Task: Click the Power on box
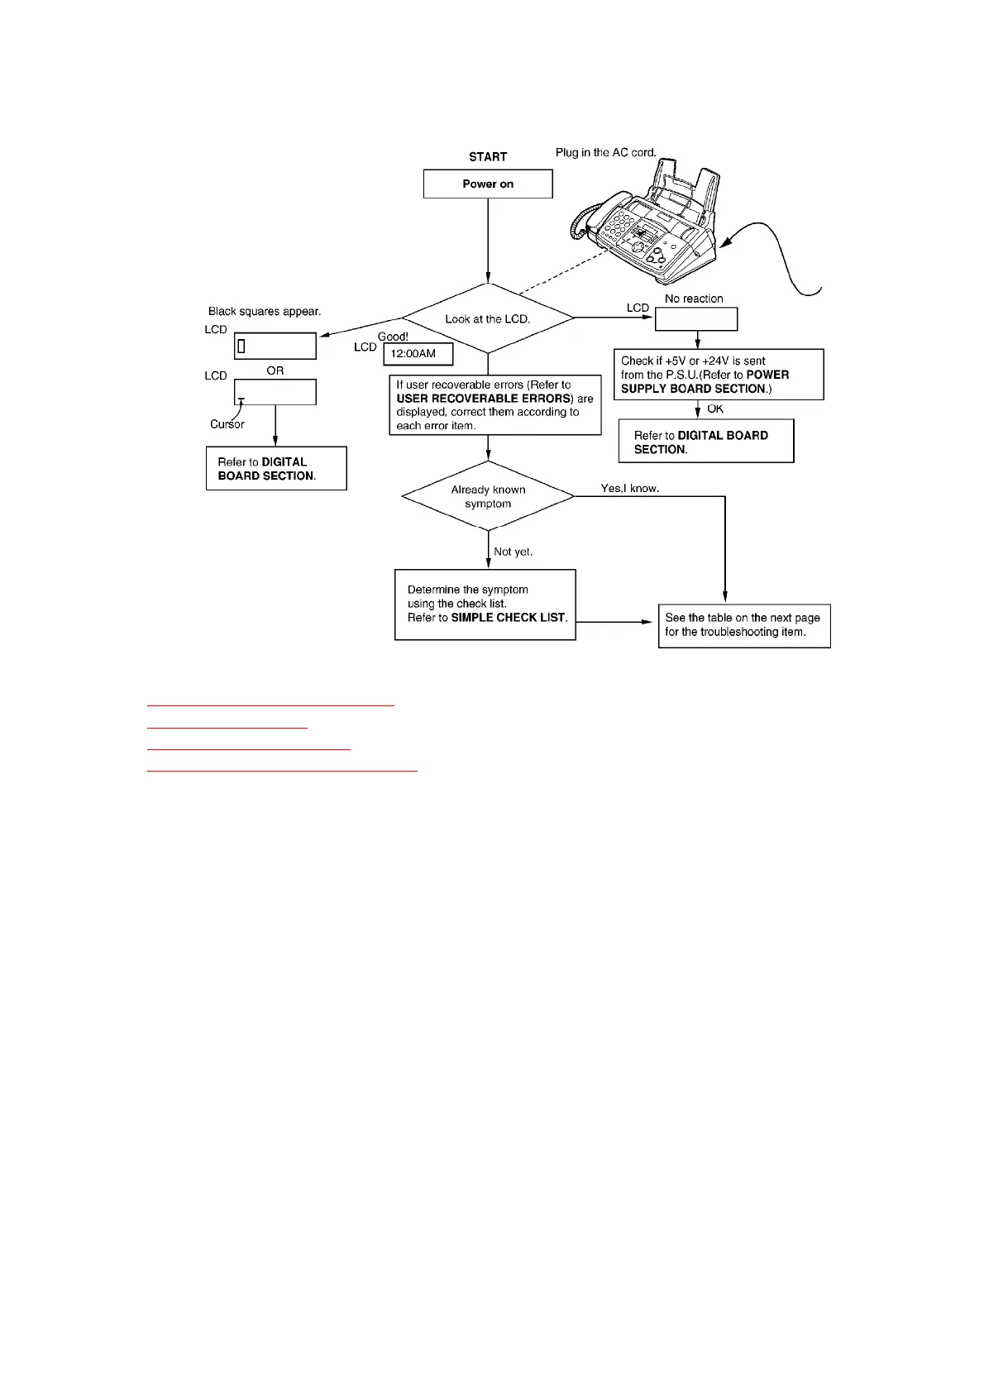[x=488, y=184]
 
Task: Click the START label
[x=488, y=156]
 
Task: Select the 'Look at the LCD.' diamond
[x=488, y=318]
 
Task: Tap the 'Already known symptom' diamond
[x=488, y=496]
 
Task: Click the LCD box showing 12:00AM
[x=418, y=354]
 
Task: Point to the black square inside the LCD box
[x=241, y=346]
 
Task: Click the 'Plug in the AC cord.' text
[x=605, y=152]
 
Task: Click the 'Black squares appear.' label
[x=265, y=312]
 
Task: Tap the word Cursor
[x=227, y=424]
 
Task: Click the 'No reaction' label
[x=694, y=299]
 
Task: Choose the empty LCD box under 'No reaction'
[x=696, y=319]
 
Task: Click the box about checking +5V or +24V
[x=719, y=375]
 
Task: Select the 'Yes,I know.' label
[x=630, y=488]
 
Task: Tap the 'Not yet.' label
[x=513, y=552]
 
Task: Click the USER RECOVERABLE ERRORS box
[x=495, y=405]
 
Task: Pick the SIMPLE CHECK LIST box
[x=485, y=604]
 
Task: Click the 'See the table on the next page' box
[x=744, y=624]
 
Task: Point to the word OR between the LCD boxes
[x=275, y=370]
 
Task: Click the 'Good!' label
[x=393, y=337]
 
